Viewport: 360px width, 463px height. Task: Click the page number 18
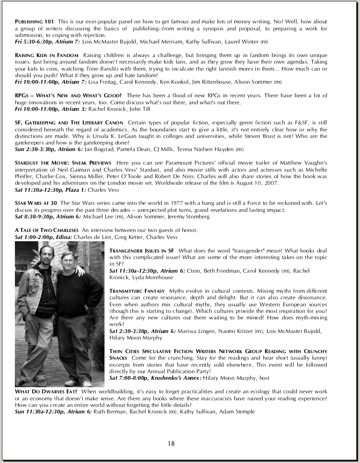[171, 443]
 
